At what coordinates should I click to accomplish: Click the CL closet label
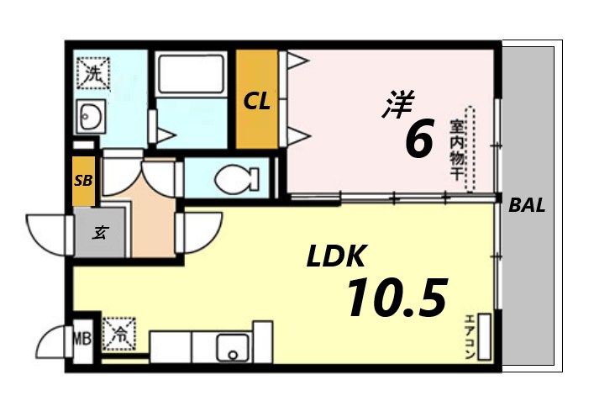pyautogui.click(x=256, y=102)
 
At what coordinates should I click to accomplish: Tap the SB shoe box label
pyautogui.click(x=83, y=180)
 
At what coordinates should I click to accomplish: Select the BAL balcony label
pyautogui.click(x=528, y=204)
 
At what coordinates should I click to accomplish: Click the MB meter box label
pyautogui.click(x=82, y=340)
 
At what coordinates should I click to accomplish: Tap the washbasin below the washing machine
pyautogui.click(x=89, y=116)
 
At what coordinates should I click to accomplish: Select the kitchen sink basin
pyautogui.click(x=229, y=346)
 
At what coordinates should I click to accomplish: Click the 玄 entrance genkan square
pyautogui.click(x=99, y=232)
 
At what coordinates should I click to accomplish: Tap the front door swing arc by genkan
pyautogui.click(x=49, y=230)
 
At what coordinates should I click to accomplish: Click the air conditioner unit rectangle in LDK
pyautogui.click(x=485, y=335)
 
